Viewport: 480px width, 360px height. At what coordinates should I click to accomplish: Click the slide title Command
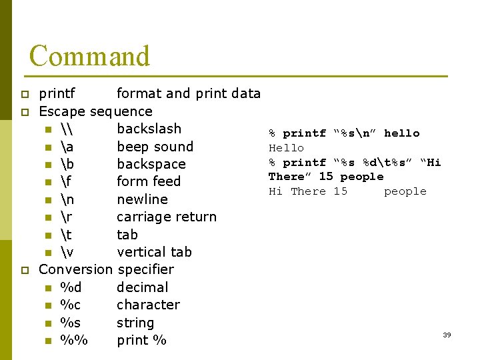tap(89, 56)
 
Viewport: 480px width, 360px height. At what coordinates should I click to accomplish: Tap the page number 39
tap(447, 335)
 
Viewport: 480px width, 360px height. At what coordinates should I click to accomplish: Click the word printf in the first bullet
tap(57, 93)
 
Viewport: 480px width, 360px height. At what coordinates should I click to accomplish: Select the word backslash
tap(149, 129)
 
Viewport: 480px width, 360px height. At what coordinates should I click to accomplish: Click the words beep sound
tap(155, 147)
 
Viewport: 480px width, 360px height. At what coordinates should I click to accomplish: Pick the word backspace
tap(151, 164)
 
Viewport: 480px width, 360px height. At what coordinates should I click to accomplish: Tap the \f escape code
tap(65, 181)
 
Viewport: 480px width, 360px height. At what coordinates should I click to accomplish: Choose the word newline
tap(142, 199)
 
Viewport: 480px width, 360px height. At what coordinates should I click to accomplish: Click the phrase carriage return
tap(167, 217)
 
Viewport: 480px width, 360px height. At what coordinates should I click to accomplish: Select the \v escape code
tap(66, 252)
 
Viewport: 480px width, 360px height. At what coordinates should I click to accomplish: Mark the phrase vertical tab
tap(154, 252)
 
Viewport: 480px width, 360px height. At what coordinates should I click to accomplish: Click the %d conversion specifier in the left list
tap(71, 287)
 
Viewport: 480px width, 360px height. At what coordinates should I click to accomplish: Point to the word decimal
tap(142, 287)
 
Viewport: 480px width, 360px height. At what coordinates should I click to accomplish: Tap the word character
tap(148, 305)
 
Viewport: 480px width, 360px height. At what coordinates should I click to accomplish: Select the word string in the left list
tap(135, 323)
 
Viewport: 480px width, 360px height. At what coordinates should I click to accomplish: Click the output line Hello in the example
tap(286, 148)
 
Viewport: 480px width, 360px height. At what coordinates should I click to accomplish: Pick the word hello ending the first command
tap(401, 133)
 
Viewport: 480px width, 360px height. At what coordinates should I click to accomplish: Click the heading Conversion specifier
tap(106, 269)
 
